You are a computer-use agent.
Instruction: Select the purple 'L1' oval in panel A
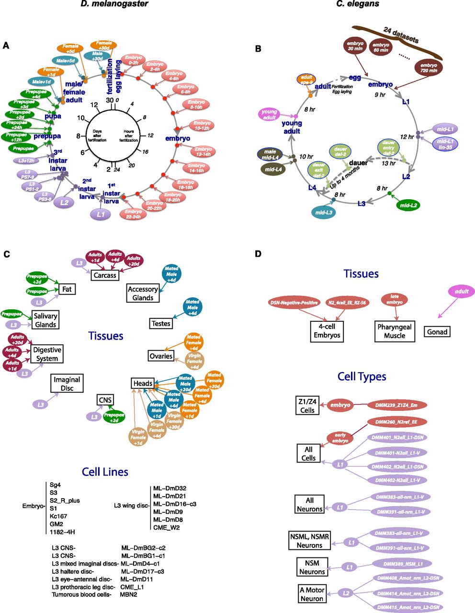tap(101, 214)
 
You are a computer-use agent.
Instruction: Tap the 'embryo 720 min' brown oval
tap(429, 68)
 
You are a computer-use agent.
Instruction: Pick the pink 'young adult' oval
tap(269, 114)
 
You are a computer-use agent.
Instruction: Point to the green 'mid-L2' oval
tap(407, 205)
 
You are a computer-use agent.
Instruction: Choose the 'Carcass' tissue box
tap(105, 275)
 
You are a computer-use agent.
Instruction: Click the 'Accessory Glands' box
tap(143, 293)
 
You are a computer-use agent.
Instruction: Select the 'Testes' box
tap(161, 323)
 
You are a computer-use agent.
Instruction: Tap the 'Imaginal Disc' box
tap(67, 384)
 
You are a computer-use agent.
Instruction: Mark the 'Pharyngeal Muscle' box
tap(395, 330)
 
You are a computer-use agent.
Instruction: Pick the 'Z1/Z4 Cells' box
tap(307, 406)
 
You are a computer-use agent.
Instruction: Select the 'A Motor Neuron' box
tap(312, 594)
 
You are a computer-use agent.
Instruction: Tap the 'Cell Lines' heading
tap(105, 472)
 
